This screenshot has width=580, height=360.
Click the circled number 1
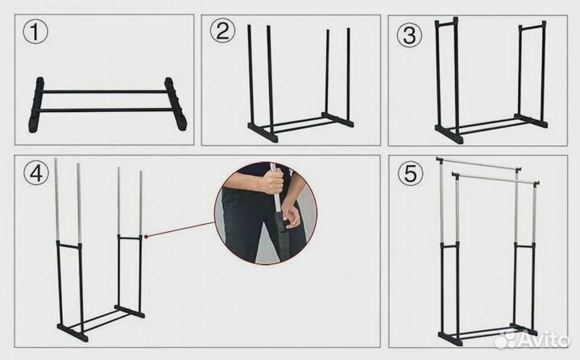35,32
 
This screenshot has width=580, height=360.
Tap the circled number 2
222,31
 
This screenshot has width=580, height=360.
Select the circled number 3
409,35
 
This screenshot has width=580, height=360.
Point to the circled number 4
36,173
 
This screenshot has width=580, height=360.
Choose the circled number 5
410,173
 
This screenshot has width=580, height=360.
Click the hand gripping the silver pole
272,182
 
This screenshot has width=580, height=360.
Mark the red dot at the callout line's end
147,237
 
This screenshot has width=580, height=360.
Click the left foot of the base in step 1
36,105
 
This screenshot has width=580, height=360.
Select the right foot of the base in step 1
176,104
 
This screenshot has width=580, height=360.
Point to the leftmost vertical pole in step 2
251,76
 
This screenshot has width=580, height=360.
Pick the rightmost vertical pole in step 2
349,74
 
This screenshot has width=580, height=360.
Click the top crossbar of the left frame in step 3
446,24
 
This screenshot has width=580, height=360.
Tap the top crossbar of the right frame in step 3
532,27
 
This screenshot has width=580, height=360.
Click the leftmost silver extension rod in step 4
56,200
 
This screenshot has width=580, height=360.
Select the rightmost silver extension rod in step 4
140,203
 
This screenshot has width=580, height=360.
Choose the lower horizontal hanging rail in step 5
495,177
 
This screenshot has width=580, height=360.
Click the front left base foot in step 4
72,333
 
